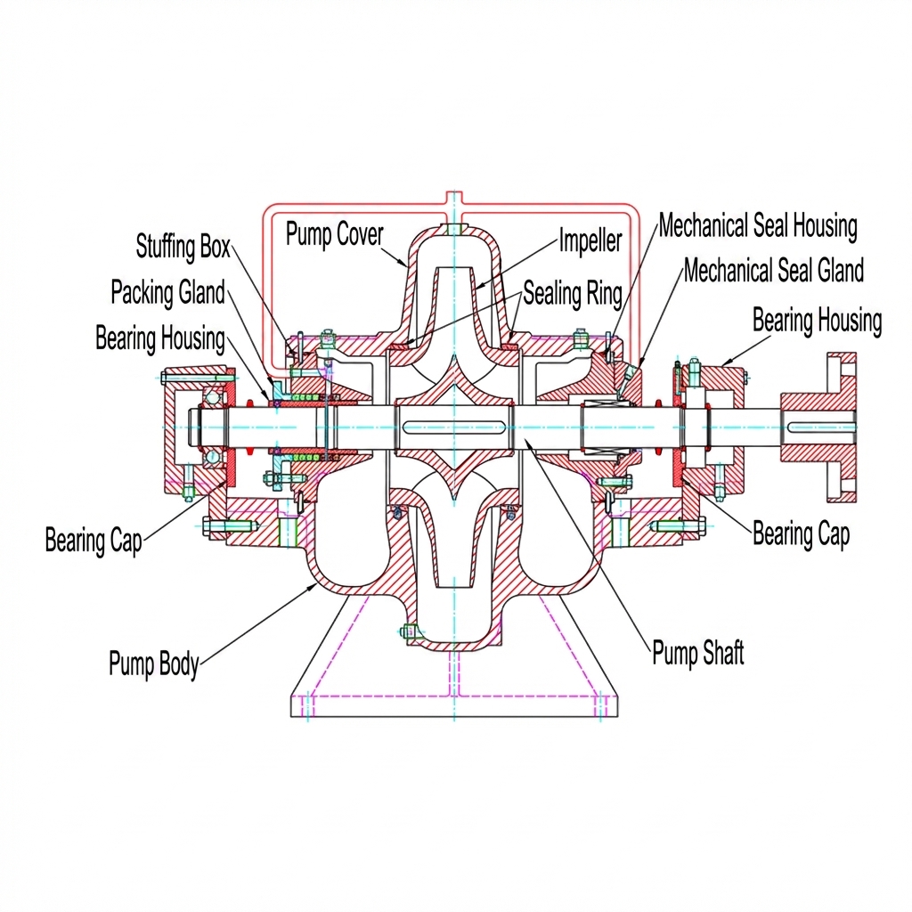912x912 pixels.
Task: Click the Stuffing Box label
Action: [183, 246]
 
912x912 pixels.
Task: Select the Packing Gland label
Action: [167, 291]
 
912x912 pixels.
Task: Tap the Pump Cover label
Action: [334, 235]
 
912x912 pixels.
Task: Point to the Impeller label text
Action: [590, 240]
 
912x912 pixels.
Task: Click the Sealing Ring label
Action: [572, 293]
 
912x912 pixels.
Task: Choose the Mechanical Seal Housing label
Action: [758, 227]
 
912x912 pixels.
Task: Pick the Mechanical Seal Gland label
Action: [773, 270]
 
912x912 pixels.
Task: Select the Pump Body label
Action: [153, 664]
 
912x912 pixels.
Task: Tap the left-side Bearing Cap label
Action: [93, 540]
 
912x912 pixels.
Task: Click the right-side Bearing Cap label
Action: [801, 533]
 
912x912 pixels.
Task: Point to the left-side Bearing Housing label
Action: [160, 338]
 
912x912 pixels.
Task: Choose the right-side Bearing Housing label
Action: [817, 321]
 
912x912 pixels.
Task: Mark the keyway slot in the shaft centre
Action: [454, 427]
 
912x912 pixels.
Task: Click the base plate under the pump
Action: [454, 704]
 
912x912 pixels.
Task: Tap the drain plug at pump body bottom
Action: [408, 632]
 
